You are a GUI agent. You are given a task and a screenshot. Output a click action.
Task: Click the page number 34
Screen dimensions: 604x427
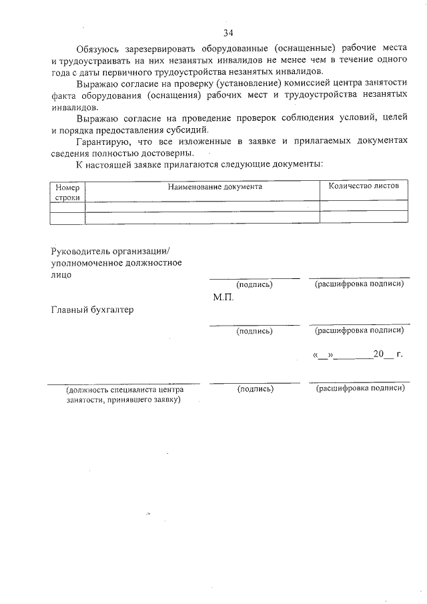point(228,32)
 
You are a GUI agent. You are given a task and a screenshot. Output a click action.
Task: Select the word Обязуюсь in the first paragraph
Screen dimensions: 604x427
point(99,49)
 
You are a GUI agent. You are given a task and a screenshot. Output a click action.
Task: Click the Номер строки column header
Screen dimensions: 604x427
point(67,193)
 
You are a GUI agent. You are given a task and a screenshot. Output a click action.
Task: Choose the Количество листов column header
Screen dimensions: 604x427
point(364,186)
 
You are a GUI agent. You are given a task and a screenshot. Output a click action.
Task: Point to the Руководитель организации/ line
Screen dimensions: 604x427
point(111,251)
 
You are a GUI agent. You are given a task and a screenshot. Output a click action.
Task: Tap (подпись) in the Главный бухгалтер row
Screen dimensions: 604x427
point(255,331)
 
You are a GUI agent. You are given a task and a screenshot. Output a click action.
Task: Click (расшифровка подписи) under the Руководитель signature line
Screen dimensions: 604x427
point(359,284)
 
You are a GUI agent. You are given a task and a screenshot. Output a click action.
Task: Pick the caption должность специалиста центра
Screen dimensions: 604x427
point(119,389)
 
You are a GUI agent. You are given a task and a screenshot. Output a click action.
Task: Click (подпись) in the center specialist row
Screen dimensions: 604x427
point(255,389)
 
